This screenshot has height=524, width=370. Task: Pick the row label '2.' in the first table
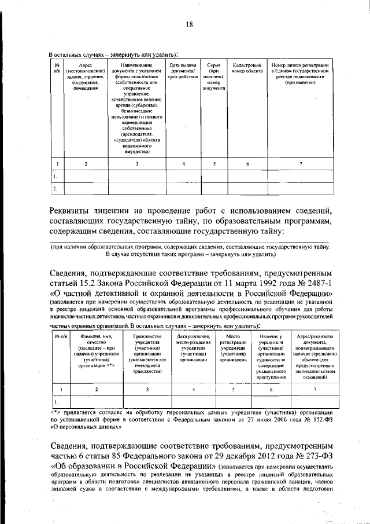click(54, 189)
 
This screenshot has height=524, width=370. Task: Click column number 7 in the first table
click(300, 164)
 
